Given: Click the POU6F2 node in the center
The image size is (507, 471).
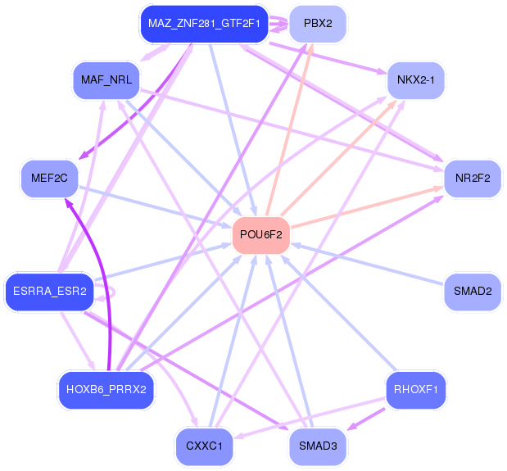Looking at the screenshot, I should [x=261, y=235].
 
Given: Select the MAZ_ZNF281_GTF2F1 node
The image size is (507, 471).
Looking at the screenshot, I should [x=204, y=24].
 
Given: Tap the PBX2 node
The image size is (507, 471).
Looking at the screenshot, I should [x=317, y=24].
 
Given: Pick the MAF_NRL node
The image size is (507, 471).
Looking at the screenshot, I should [x=106, y=79].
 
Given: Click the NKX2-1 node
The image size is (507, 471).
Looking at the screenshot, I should [x=415, y=79].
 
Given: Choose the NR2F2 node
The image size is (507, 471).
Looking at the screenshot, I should [x=472, y=178].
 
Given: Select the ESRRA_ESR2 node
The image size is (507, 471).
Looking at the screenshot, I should [x=50, y=292].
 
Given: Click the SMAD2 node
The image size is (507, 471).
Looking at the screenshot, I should [x=472, y=291].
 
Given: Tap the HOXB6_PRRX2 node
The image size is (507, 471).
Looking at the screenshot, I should [x=106, y=389].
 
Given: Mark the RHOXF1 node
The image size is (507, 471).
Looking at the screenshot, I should [x=415, y=389].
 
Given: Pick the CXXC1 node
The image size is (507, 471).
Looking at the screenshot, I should [x=204, y=446].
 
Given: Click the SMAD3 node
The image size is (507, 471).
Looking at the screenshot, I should [x=317, y=446].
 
